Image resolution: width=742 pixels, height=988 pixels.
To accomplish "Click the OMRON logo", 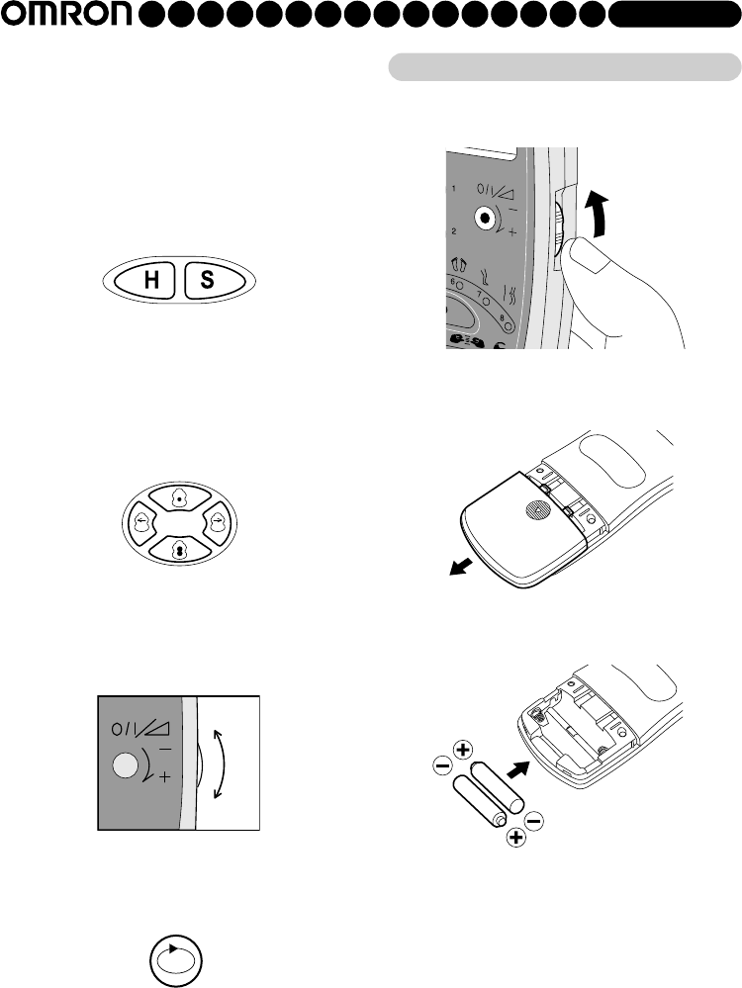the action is coord(67,14).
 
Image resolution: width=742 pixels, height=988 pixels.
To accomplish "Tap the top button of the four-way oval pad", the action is coord(180,497).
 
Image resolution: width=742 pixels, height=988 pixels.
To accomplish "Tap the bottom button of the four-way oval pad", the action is coord(180,550).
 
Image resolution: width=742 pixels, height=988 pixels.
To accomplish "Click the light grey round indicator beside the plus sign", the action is coord(125,765).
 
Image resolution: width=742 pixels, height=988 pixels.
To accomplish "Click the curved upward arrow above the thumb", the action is coord(598,215).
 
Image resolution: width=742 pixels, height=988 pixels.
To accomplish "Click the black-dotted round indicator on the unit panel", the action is coord(484,218).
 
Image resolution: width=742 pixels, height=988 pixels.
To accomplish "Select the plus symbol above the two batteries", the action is coord(463,750).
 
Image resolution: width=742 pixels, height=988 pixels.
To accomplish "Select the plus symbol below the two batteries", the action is coord(516,838).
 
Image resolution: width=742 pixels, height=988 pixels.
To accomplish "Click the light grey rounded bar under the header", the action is coord(565,67).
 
